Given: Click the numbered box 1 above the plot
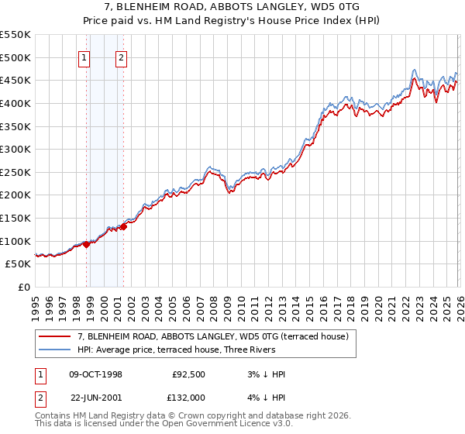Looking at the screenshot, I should click(84, 57).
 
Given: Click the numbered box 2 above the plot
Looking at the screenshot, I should click(122, 57).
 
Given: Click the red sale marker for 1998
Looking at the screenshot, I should click(87, 244).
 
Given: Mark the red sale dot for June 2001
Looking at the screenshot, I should click(123, 226).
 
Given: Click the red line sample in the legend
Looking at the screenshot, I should click(56, 336).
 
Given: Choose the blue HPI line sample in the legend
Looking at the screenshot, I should click(56, 349).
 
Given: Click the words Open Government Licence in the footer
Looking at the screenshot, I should click(222, 425).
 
